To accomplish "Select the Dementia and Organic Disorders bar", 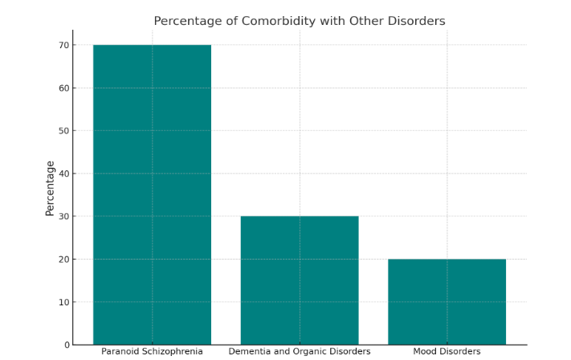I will [x=300, y=280].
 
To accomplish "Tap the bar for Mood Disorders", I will [x=447, y=301].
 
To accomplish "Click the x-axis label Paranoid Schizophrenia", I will [x=152, y=352].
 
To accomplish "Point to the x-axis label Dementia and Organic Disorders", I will [x=300, y=352].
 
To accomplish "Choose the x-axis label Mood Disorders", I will [x=447, y=352].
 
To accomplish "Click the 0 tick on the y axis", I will [x=65, y=345].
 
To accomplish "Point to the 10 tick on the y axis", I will [x=63, y=302].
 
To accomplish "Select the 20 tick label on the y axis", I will [x=63, y=260].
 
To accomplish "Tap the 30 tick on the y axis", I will [x=63, y=216].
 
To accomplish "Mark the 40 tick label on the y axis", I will [x=63, y=174].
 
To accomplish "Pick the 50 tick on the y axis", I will [x=63, y=131].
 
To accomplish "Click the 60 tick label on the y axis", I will [x=63, y=88].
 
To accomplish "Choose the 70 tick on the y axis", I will [x=63, y=45].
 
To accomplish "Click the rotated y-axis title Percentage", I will [x=50, y=188].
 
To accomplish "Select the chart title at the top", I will [x=300, y=21].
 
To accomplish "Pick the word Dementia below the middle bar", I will [x=249, y=352].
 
